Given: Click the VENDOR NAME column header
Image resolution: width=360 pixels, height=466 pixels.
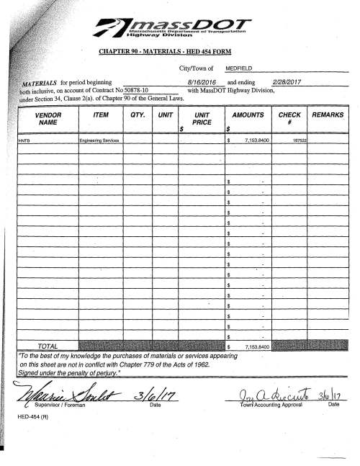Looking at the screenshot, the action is pos(47,119).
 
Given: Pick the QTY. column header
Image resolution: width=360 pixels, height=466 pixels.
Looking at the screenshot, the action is pos(138,115).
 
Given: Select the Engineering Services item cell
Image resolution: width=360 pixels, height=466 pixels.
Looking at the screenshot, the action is pos(100,140).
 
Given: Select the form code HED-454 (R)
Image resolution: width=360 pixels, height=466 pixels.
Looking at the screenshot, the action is pos(32,416).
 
